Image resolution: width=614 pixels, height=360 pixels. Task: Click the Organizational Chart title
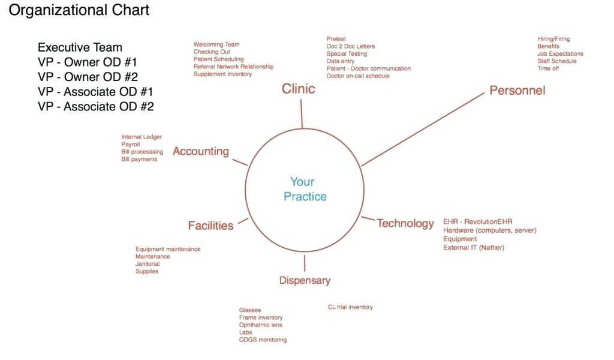[79, 10]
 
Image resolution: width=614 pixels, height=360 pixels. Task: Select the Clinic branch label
[298, 89]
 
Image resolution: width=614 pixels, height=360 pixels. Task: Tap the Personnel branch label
[517, 90]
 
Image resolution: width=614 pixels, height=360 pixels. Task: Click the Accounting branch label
[201, 151]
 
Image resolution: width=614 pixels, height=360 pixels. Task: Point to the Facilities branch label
[210, 226]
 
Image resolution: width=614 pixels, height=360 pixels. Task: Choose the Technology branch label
[405, 223]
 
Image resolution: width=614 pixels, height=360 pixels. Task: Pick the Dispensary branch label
[305, 280]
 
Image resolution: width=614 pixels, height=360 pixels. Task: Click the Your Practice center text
[305, 188]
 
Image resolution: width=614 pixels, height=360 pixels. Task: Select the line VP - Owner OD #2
[88, 77]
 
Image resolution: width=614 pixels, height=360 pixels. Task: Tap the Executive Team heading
[80, 47]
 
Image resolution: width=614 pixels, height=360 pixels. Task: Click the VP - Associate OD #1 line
[95, 92]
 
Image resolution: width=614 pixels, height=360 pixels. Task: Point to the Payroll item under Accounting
[131, 145]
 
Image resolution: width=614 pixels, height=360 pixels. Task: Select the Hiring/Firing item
[553, 39]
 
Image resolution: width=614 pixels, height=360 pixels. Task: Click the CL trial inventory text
[350, 307]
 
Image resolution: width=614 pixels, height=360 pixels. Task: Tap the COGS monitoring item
[263, 340]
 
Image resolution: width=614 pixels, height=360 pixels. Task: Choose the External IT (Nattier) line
[474, 247]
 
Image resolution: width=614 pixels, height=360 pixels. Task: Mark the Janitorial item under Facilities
[148, 264]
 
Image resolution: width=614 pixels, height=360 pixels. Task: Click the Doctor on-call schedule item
[358, 76]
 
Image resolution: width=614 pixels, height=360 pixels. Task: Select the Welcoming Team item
[216, 44]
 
